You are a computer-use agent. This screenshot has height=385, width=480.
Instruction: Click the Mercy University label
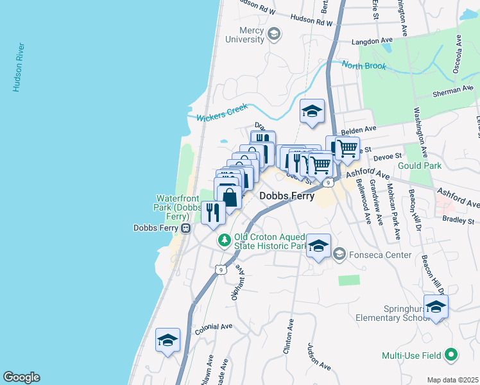click(x=244, y=35)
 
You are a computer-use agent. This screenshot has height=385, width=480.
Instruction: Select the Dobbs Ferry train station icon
click(x=185, y=228)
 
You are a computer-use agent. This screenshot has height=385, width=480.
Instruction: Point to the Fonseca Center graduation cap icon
click(x=338, y=255)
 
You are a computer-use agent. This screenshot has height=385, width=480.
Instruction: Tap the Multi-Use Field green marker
click(x=451, y=355)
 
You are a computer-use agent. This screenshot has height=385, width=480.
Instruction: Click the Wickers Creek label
click(x=221, y=114)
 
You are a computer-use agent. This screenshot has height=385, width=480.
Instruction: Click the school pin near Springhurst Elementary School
click(x=436, y=307)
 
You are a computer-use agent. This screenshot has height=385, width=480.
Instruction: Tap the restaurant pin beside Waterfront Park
click(x=213, y=211)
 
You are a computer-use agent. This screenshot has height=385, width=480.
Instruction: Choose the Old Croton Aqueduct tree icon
click(x=224, y=241)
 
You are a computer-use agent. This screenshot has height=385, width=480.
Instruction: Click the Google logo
click(x=21, y=377)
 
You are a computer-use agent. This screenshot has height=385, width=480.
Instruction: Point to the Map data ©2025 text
click(x=452, y=380)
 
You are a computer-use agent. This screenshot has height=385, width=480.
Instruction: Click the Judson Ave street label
click(x=319, y=356)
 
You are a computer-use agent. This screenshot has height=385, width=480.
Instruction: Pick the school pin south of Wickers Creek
click(x=313, y=111)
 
